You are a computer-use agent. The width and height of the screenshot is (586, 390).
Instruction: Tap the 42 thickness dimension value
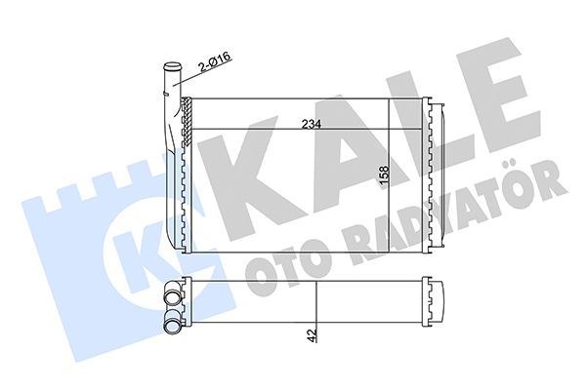pyautogui.click(x=311, y=334)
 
